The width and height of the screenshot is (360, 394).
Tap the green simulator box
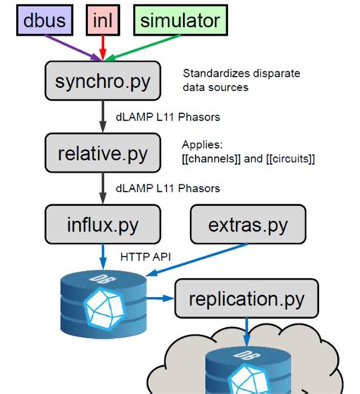pos(178,20)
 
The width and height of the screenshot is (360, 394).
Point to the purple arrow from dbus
pos(76,47)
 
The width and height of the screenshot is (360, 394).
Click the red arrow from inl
pos(105,47)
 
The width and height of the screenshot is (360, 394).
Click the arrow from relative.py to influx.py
pos(103,188)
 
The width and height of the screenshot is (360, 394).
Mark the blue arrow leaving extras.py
pos(190,258)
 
